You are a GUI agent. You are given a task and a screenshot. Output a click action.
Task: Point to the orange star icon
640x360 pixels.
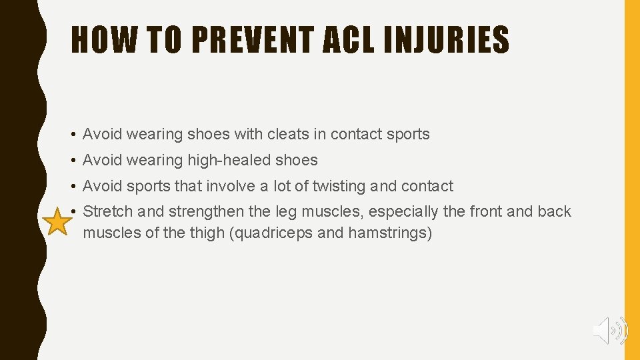pyautogui.click(x=59, y=223)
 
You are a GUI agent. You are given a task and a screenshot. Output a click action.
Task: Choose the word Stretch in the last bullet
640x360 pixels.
pyautogui.click(x=108, y=212)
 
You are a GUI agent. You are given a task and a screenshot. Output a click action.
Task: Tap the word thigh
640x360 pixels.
pyautogui.click(x=204, y=233)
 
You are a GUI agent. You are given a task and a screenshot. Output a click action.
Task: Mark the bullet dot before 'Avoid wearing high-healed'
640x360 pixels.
pyautogui.click(x=73, y=161)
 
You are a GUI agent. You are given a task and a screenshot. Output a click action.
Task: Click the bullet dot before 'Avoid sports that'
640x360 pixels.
pyautogui.click(x=73, y=187)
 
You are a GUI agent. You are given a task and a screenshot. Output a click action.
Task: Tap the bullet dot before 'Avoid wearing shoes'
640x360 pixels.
pyautogui.click(x=73, y=135)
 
